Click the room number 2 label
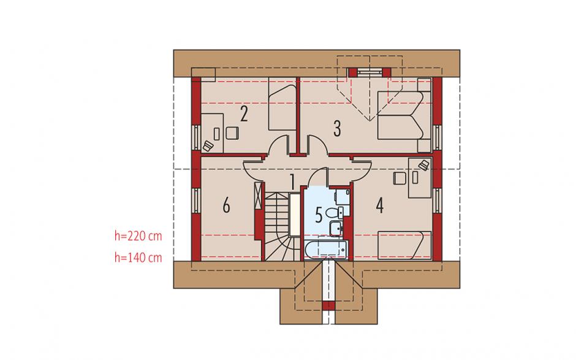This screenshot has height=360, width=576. [244, 113]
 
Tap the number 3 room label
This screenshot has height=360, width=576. [337, 128]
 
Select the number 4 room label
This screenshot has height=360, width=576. [380, 205]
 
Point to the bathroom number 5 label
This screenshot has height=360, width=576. [319, 215]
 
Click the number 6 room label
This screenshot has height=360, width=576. [226, 205]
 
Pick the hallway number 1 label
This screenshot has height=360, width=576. [292, 182]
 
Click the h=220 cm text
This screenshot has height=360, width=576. [138, 236]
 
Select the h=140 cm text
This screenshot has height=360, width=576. [138, 258]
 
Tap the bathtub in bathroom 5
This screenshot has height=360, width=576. [326, 250]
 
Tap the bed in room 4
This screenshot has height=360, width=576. [404, 245]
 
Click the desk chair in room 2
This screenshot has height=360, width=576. [232, 132]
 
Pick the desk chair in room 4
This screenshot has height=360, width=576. [400, 178]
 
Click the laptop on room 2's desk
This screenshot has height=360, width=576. [208, 145]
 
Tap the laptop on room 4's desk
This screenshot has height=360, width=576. [423, 165]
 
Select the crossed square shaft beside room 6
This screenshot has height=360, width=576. [259, 195]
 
